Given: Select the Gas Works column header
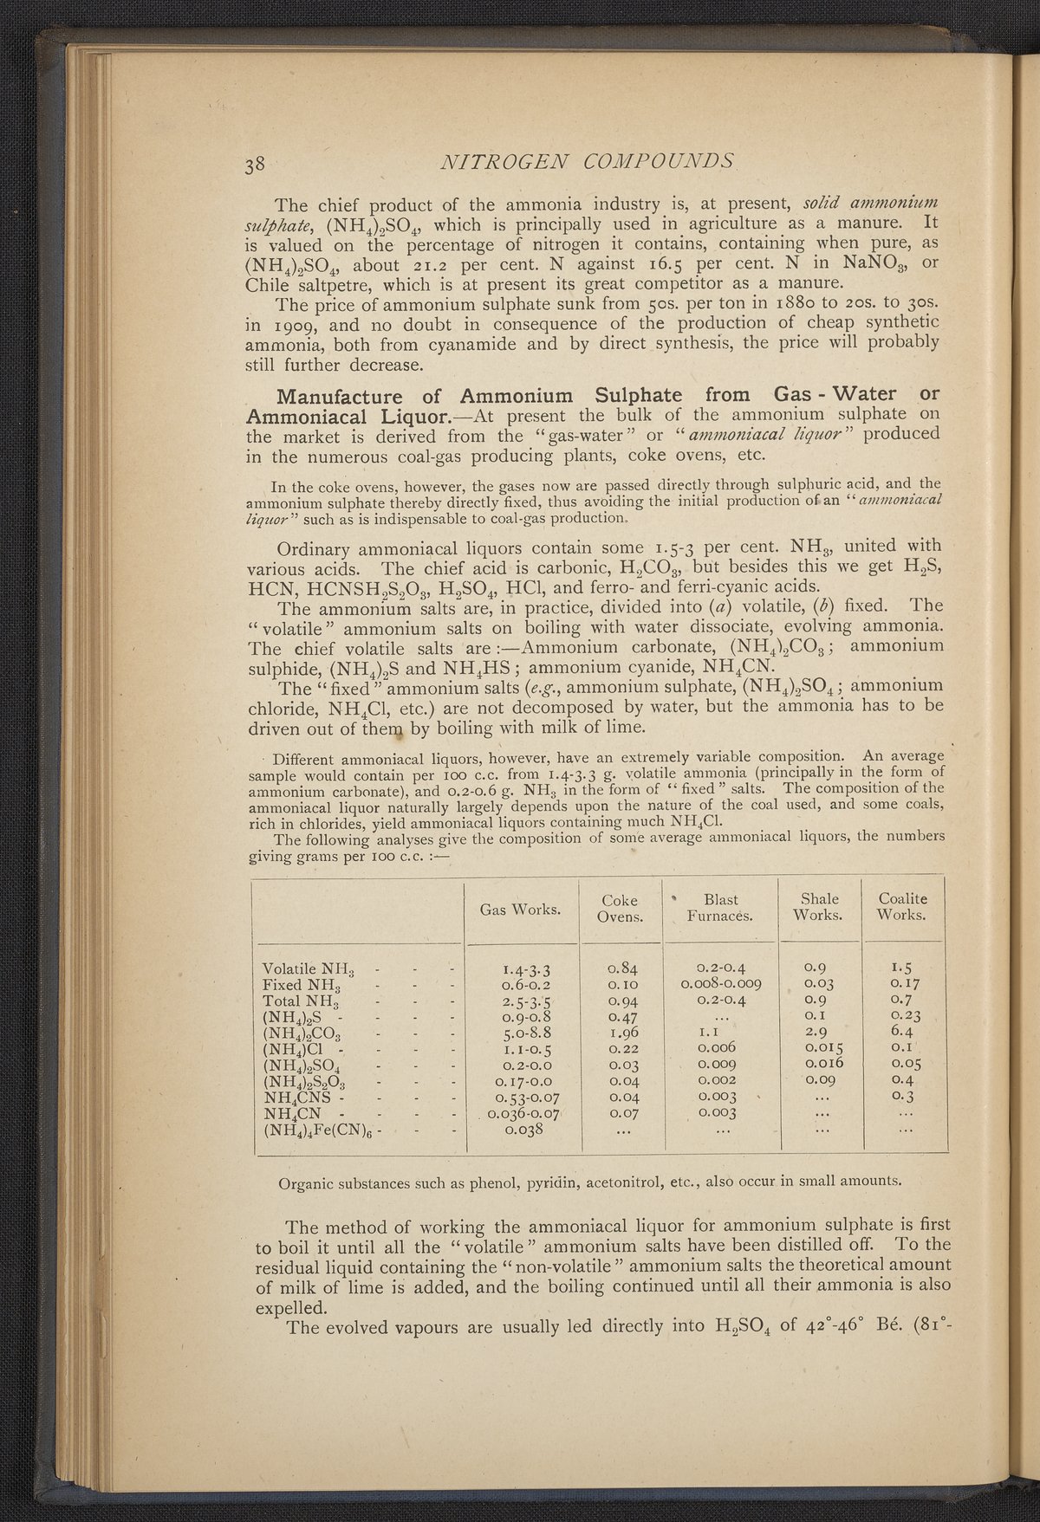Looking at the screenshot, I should (x=520, y=909).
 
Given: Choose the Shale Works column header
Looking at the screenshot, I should (x=818, y=907).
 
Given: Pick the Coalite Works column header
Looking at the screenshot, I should (x=902, y=907).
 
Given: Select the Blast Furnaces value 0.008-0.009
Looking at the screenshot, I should (x=721, y=984).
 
